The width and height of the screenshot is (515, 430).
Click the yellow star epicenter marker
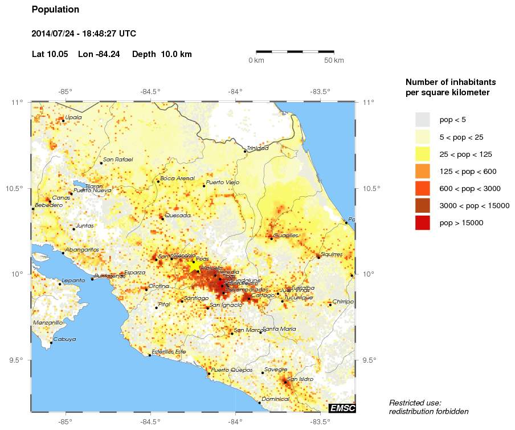(195, 265)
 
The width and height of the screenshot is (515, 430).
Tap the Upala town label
(73, 117)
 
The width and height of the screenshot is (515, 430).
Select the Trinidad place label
(258, 148)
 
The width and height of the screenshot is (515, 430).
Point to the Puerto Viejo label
(223, 182)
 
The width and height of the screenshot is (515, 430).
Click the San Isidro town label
(300, 379)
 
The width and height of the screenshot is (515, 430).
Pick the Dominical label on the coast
(276, 399)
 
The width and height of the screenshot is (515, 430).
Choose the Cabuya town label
(64, 339)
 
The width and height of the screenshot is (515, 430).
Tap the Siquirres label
(332, 254)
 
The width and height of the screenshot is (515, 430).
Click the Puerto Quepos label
(232, 370)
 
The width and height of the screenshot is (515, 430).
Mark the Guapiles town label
(285, 235)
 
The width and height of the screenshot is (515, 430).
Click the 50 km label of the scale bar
(334, 60)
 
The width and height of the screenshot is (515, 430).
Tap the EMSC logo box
(342, 408)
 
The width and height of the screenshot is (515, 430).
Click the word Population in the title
(55, 10)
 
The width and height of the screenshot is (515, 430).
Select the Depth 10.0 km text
(162, 54)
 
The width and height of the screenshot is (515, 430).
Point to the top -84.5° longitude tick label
(151, 91)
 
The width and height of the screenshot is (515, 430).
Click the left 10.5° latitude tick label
(18, 189)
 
